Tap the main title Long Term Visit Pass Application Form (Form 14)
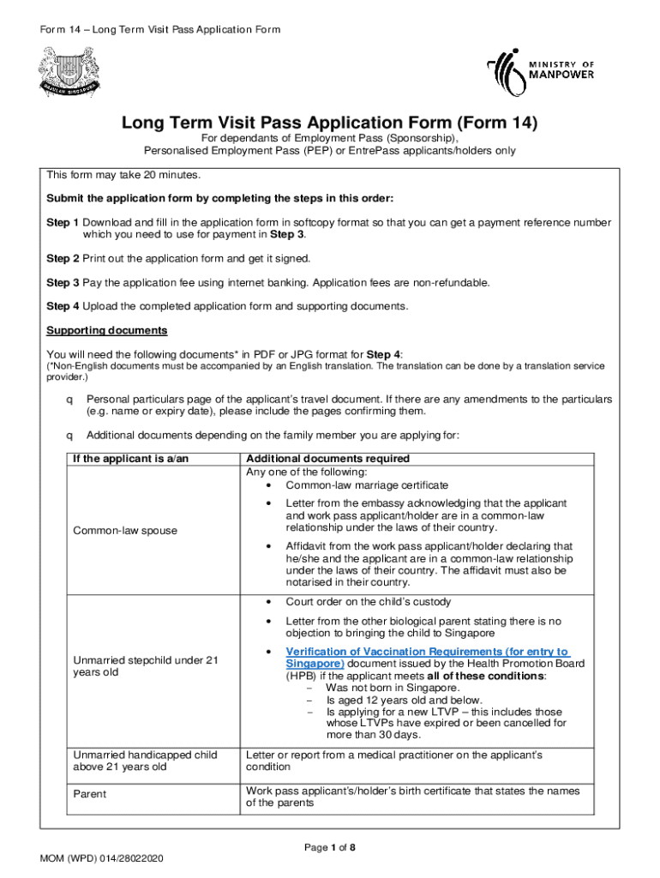click(329, 123)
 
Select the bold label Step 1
click(63, 223)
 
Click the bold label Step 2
click(63, 258)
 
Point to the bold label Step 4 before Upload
click(63, 306)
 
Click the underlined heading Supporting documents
click(106, 331)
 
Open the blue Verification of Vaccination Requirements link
click(428, 658)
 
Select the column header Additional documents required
click(327, 459)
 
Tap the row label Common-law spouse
click(125, 531)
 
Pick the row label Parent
click(90, 794)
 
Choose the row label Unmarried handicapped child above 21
click(145, 761)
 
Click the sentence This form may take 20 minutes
click(123, 176)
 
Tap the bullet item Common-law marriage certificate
click(367, 484)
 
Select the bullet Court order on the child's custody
click(369, 602)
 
